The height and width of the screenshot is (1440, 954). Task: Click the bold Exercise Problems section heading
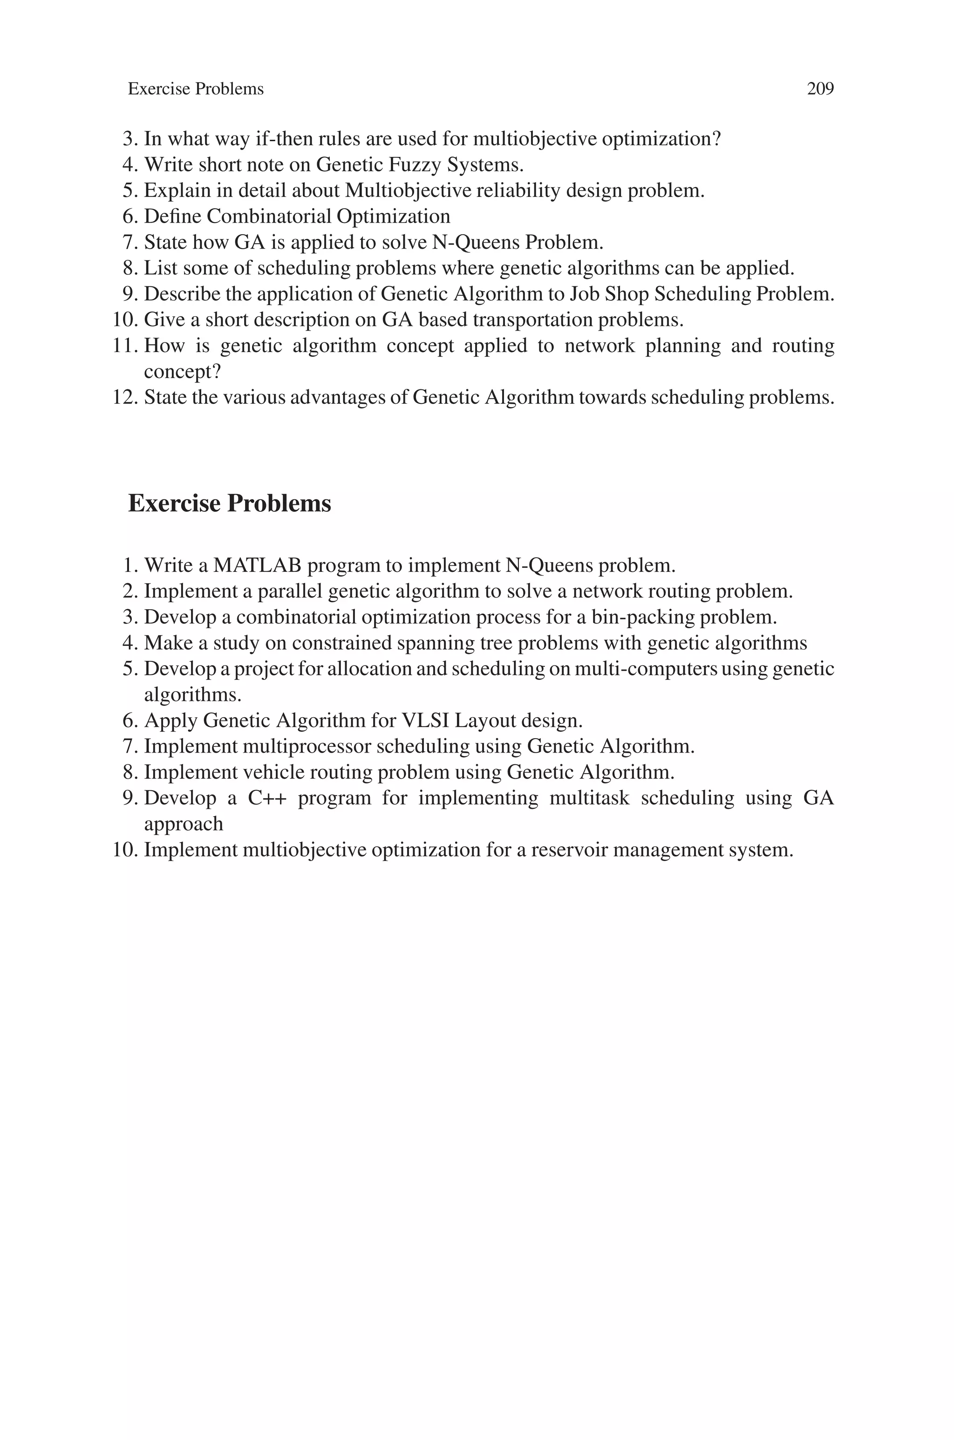(229, 503)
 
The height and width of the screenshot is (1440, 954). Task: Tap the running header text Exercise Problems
(195, 89)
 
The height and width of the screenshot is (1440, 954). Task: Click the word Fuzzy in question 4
(414, 165)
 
